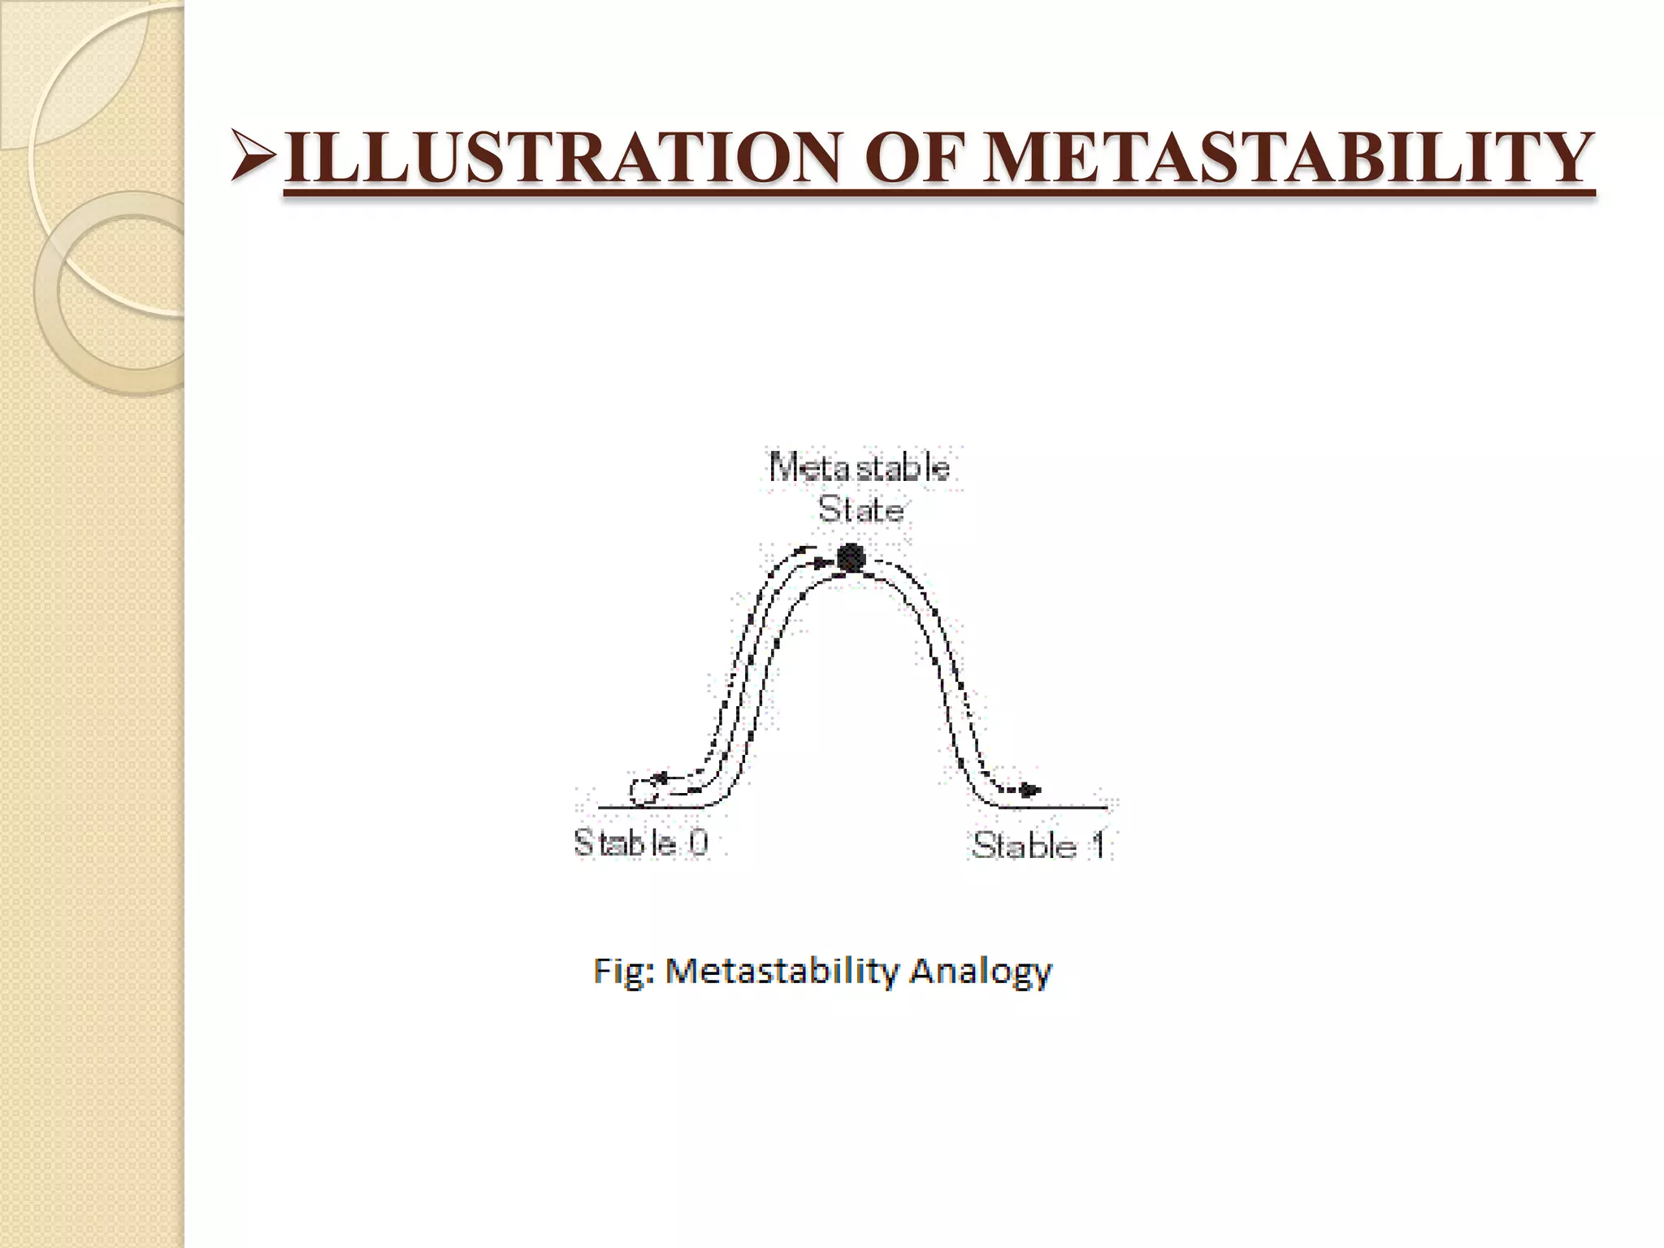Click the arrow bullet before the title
tap(254, 154)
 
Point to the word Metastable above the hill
tap(860, 468)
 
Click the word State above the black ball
tap(860, 510)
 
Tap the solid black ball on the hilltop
tap(851, 557)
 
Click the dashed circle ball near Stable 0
tap(643, 791)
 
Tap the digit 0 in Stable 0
tap(698, 843)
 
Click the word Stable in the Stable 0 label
tap(624, 843)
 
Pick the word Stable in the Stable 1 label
tap(1024, 846)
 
